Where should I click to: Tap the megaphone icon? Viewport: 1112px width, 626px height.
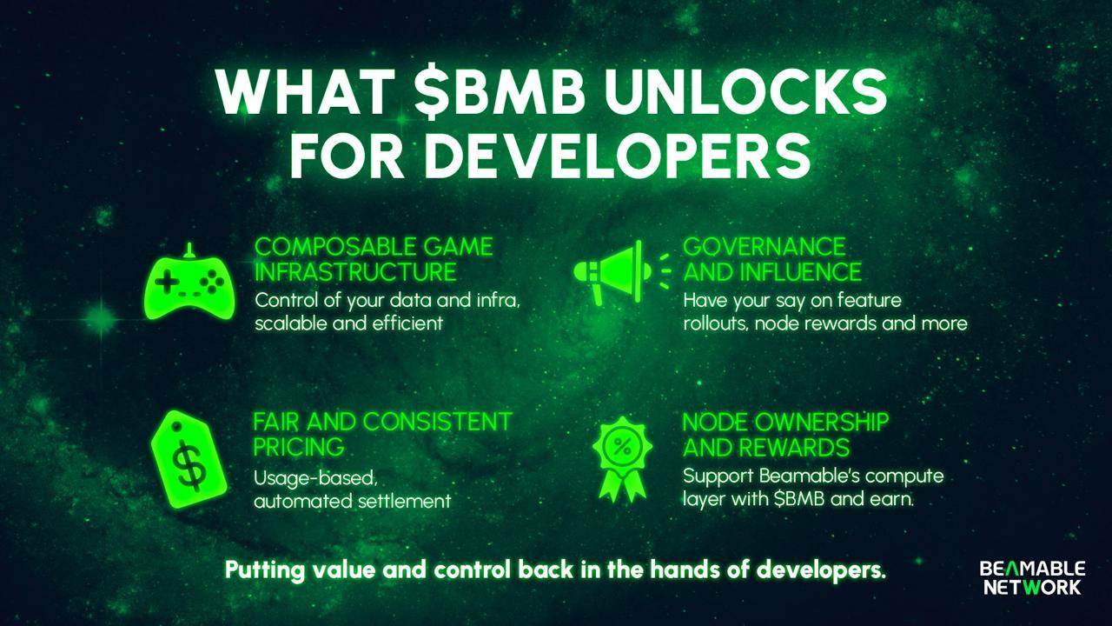(x=621, y=272)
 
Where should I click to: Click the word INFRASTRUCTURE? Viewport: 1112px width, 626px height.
(x=355, y=272)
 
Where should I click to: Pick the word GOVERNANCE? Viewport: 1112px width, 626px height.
(x=764, y=247)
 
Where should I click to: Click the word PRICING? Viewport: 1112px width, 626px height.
(x=299, y=447)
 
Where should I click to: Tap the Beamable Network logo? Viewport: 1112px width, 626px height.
(x=1032, y=578)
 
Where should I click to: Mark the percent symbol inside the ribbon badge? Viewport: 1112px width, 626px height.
(x=623, y=447)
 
